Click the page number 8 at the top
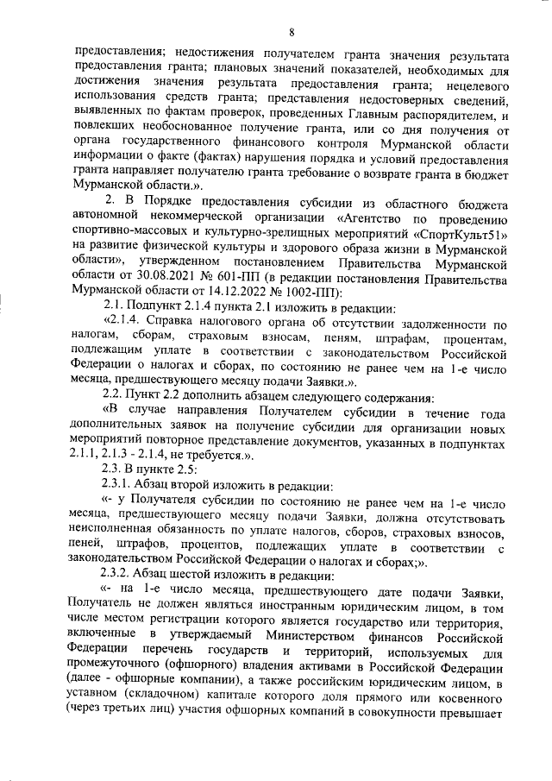[x=292, y=33]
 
